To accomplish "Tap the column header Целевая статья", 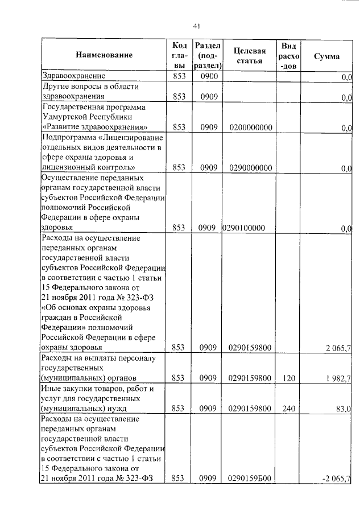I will click(250, 56).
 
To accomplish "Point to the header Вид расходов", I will click(288, 55).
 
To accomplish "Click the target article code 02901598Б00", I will click(250, 478).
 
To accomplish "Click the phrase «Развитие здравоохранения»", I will click(96, 127).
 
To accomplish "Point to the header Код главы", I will click(179, 55).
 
